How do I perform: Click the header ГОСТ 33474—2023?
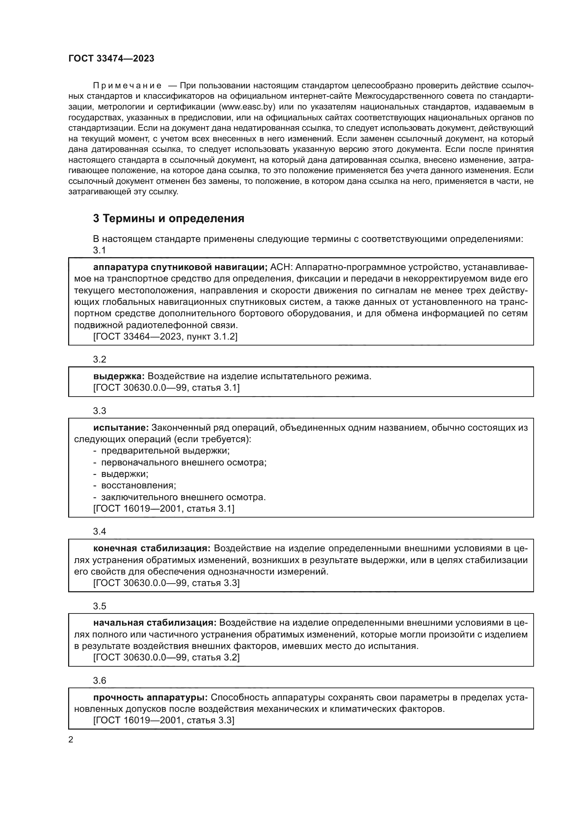[111, 59]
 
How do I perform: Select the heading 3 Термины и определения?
[169, 219]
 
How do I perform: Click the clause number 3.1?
[99, 250]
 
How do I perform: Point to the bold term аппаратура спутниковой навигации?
[180, 267]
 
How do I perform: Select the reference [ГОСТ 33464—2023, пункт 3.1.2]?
[165, 336]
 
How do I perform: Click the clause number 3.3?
[99, 411]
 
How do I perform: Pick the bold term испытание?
[121, 428]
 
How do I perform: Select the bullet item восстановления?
[138, 486]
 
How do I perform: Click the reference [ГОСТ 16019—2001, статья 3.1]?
[164, 509]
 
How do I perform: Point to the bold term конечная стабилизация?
[152, 548]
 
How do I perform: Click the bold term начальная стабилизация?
[154, 623]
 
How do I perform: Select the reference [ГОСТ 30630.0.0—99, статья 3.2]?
[167, 657]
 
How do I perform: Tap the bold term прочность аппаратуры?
[151, 698]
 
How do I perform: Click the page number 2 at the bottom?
[71, 740]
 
